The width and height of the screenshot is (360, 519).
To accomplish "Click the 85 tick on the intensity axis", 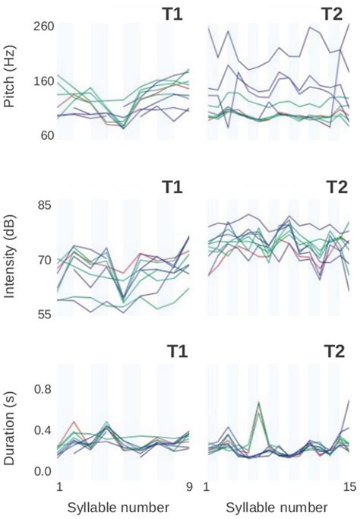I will point(43,205).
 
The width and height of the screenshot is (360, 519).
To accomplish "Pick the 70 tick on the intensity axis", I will point(43,260).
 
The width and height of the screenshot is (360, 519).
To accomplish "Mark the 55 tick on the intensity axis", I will point(43,314).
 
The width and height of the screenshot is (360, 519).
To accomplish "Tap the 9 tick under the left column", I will point(189,486).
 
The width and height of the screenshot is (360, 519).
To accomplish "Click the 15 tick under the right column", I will point(349,486).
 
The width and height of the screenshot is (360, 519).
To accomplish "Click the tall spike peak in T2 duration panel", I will point(259,403).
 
